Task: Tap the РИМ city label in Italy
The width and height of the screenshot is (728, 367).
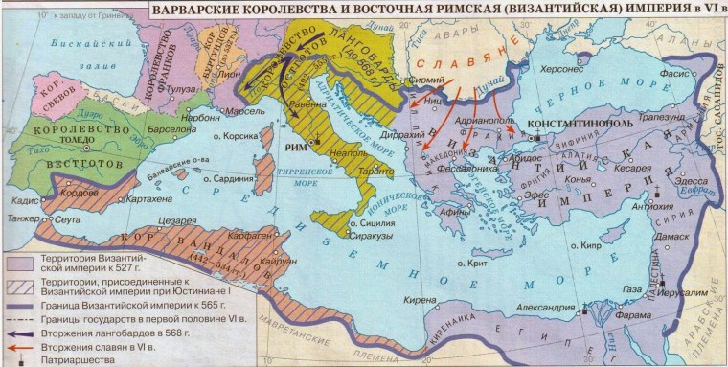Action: click(x=298, y=146)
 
